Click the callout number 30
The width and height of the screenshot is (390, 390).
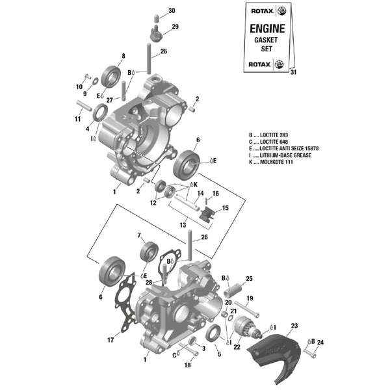(172, 11)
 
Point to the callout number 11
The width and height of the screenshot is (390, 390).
(77, 120)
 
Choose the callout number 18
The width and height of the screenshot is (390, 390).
(187, 365)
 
